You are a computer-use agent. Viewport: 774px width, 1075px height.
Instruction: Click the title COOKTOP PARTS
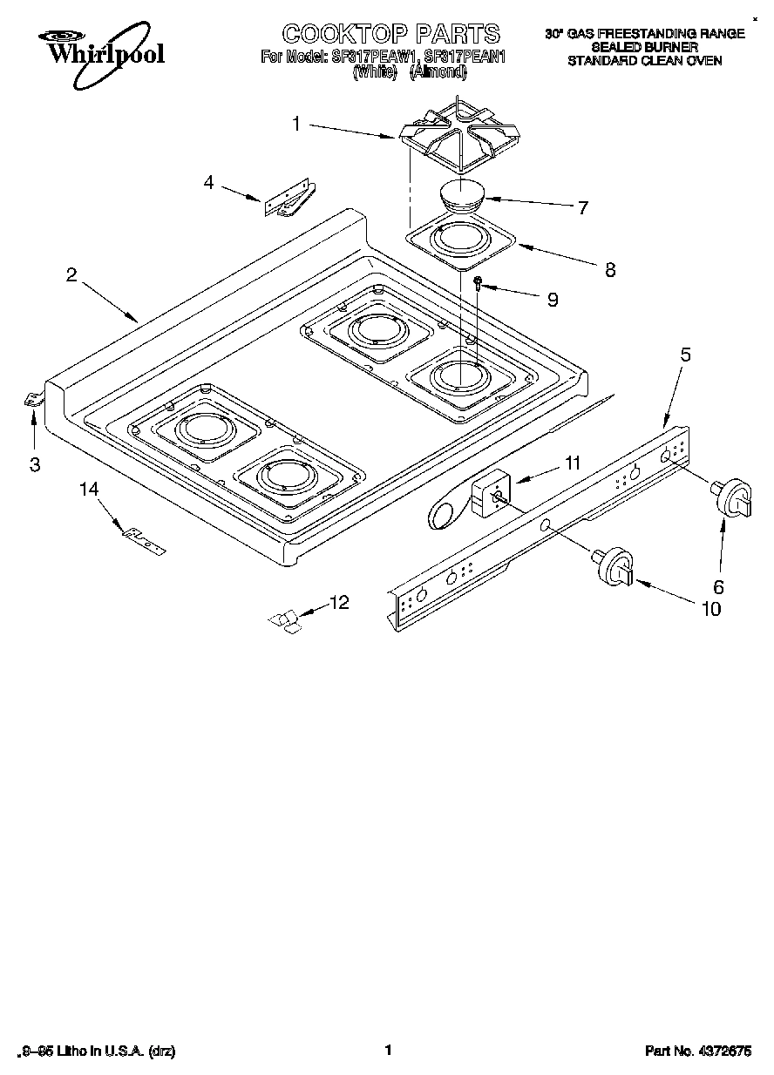click(391, 34)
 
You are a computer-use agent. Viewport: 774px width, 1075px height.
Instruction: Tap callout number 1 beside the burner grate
click(296, 125)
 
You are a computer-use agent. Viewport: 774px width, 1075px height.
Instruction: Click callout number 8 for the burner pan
click(609, 269)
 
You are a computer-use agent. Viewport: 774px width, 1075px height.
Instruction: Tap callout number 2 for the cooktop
click(71, 274)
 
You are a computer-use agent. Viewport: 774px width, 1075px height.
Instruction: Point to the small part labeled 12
click(284, 619)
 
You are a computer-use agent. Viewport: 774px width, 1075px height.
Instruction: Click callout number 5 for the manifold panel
click(685, 355)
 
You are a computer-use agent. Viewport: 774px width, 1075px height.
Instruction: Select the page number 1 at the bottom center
click(387, 1050)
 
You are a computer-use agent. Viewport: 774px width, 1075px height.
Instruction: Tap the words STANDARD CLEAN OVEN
click(644, 61)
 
